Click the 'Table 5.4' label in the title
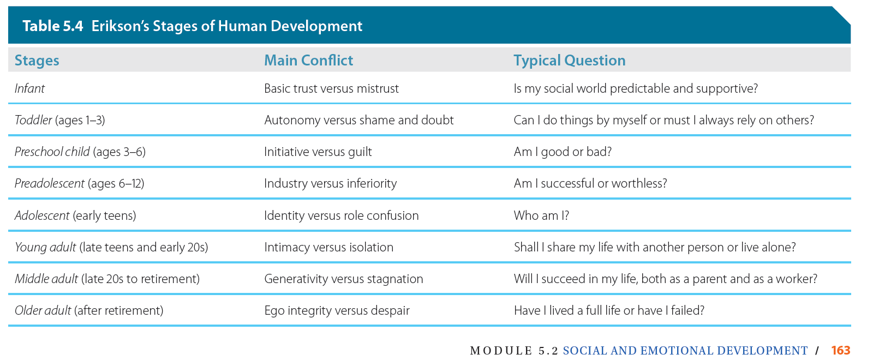(x=53, y=26)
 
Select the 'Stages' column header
(x=37, y=61)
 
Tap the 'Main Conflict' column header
(x=309, y=61)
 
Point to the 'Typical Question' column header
(x=570, y=61)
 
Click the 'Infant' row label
(x=29, y=88)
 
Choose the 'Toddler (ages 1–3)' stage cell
(x=60, y=121)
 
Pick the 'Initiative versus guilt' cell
(x=318, y=152)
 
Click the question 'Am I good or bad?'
(x=563, y=152)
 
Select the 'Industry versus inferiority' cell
(x=331, y=183)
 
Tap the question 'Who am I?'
(x=541, y=215)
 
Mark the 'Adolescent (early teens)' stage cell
(x=76, y=215)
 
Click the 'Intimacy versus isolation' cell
(x=329, y=247)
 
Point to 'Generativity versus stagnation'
(x=344, y=279)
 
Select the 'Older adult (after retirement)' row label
(x=89, y=310)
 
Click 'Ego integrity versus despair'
(x=337, y=310)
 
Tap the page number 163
(x=841, y=350)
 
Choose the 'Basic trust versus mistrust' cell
(x=332, y=88)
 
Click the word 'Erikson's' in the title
(x=120, y=26)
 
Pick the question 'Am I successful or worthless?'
(x=590, y=183)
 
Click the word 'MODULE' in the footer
(x=501, y=351)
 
